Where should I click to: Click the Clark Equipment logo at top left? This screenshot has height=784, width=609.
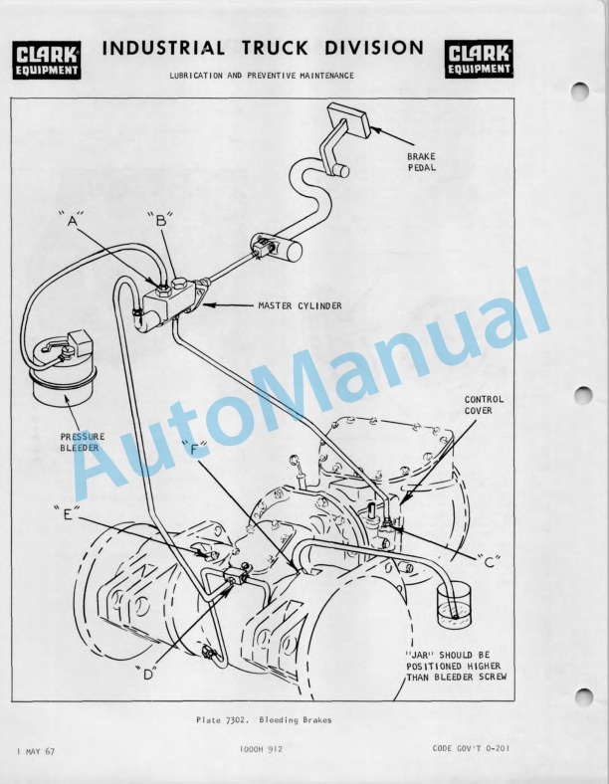tap(47, 60)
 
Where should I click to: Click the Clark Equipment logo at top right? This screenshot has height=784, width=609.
tap(479, 59)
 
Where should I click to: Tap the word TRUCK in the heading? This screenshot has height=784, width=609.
tap(275, 48)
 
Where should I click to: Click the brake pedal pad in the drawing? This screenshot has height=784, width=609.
tap(348, 120)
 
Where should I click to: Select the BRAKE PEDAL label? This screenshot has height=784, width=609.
tap(422, 162)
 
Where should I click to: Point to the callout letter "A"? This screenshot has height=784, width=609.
tap(71, 220)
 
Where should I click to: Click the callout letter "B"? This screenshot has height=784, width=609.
tap(160, 220)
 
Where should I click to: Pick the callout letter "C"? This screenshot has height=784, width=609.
tap(489, 562)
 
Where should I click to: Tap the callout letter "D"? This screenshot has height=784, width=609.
tap(147, 674)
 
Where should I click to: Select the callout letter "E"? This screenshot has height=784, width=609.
tap(68, 514)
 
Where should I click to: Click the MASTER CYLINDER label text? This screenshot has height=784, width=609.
tap(300, 305)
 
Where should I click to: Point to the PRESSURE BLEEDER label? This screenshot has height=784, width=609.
tap(83, 442)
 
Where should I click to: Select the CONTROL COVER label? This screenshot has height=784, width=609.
tap(484, 405)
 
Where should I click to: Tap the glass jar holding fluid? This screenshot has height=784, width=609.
tap(455, 606)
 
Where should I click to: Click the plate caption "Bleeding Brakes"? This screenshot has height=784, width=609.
tap(295, 720)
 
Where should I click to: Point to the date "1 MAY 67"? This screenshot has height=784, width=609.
tap(36, 751)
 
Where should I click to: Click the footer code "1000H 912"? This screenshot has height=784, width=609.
tap(261, 749)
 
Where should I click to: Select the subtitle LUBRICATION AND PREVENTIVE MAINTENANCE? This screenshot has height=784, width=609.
tap(262, 76)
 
